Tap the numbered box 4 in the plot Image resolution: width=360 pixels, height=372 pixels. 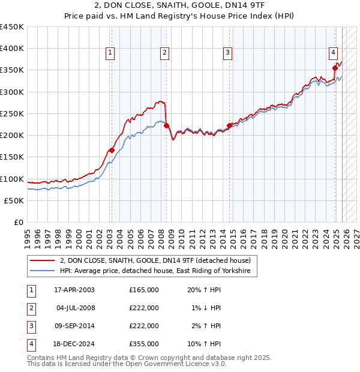point(333,52)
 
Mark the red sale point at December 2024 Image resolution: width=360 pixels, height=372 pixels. point(335,68)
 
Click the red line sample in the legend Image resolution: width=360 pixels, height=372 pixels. point(43,260)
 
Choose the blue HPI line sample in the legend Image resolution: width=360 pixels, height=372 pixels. point(43,271)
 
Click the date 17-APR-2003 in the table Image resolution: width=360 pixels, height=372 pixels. point(74,290)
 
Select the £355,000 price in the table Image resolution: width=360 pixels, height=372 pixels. point(143,344)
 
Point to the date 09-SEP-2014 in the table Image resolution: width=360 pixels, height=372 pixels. point(74,326)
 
